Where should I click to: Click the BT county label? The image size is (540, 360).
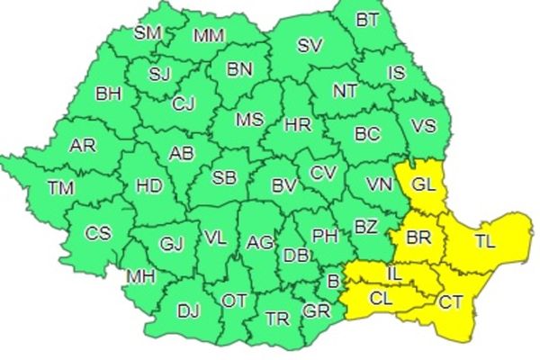click(367, 18)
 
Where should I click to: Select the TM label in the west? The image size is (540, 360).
click(62, 188)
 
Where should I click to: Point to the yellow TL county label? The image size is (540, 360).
click(485, 241)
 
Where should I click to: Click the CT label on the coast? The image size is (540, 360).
click(451, 302)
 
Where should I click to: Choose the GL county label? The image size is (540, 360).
click(422, 185)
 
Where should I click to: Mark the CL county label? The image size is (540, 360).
click(382, 297)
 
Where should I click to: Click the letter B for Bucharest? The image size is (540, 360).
click(333, 283)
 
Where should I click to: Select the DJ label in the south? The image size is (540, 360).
click(188, 311)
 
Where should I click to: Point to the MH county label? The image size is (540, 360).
click(139, 275)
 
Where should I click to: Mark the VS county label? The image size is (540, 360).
click(423, 126)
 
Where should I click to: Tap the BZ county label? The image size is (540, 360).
click(365, 228)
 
